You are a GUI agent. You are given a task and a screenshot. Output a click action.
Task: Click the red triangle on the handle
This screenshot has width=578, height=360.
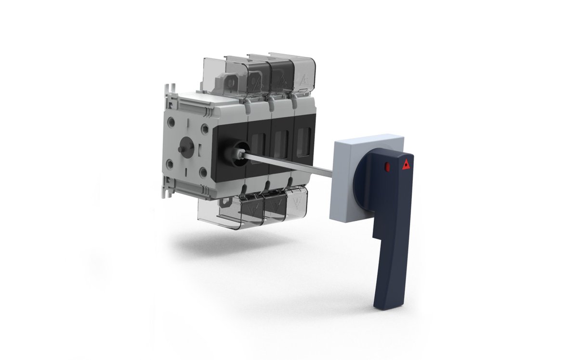pos(407,164)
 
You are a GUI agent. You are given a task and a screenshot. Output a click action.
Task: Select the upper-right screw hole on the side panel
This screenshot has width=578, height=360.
pos(205,128)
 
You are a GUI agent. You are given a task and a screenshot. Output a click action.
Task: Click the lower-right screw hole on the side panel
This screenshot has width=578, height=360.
pos(203,171)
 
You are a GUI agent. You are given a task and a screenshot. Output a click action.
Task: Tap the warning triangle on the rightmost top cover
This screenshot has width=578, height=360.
pos(303,79)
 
